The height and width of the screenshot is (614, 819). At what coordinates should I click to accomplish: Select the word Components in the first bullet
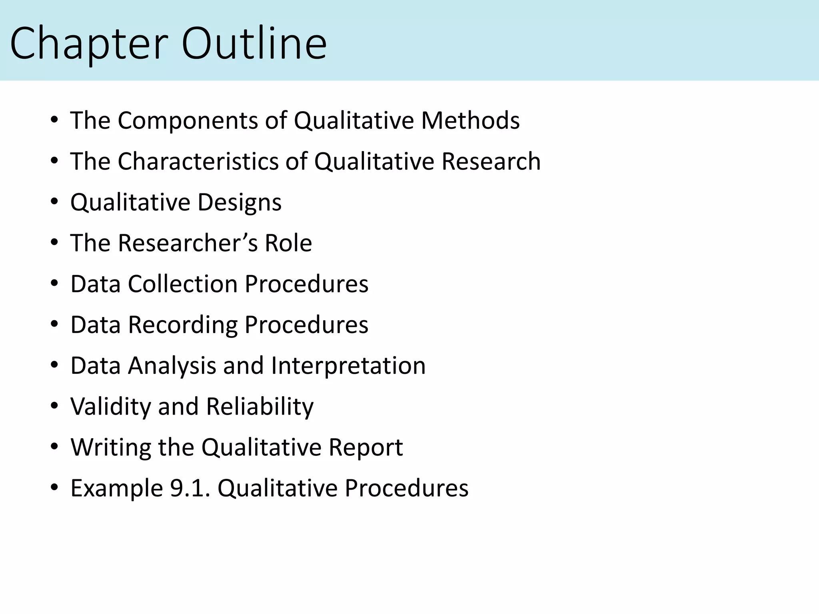click(x=188, y=120)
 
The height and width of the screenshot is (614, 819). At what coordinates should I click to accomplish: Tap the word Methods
click(x=470, y=120)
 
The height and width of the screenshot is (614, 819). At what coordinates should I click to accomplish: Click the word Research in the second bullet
click(x=491, y=161)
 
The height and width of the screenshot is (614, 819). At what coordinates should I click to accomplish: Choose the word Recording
click(x=182, y=325)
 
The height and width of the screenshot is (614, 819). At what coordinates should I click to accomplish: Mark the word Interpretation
click(x=348, y=366)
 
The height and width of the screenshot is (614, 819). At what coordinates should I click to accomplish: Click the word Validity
click(x=111, y=407)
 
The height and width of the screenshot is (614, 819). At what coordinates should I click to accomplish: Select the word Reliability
click(x=260, y=407)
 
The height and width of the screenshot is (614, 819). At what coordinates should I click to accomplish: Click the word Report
click(x=366, y=447)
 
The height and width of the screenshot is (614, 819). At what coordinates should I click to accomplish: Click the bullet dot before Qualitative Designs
click(x=55, y=203)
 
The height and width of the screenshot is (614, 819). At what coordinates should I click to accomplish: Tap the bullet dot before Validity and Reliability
click(x=55, y=407)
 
